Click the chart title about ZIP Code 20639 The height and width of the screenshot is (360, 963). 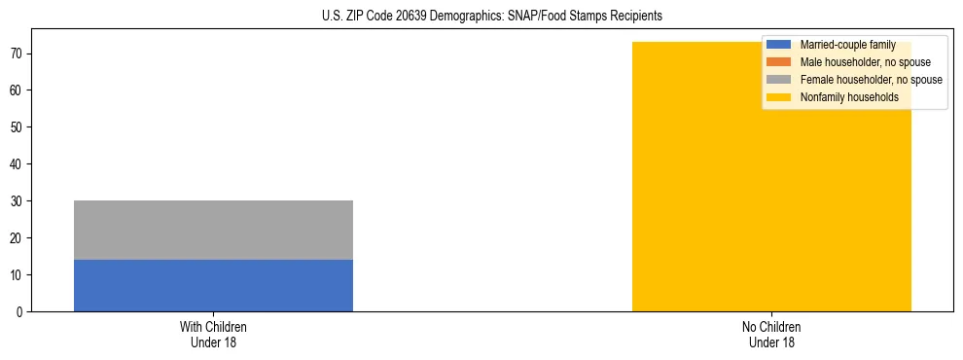491,17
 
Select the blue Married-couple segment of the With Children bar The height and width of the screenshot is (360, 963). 213,285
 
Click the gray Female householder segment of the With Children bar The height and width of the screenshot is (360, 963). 213,230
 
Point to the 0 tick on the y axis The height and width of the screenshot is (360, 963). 19,312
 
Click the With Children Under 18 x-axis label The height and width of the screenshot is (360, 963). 213,334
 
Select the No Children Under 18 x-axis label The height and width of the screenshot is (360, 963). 771,334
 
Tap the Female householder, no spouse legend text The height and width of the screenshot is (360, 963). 871,80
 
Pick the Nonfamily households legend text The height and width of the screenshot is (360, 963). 849,97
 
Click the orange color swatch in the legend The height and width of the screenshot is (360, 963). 779,62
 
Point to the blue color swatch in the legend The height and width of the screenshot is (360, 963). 779,45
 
